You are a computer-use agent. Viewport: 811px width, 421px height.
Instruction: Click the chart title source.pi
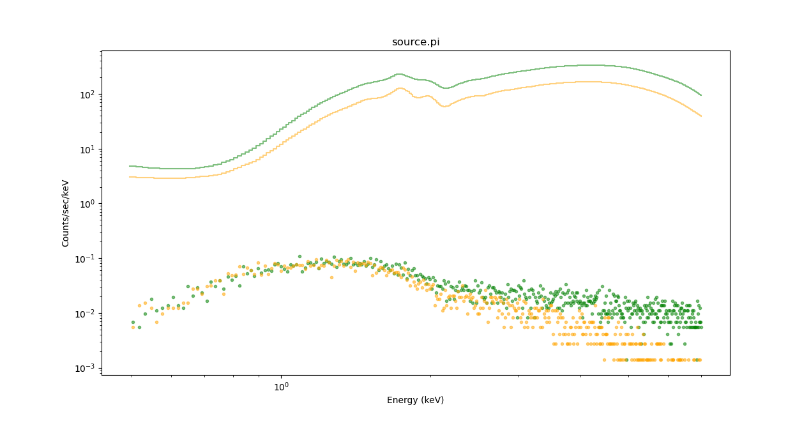(x=415, y=42)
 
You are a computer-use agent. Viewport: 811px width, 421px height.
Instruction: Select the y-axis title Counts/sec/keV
(x=65, y=213)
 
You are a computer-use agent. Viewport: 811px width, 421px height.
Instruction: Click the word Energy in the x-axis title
(x=402, y=400)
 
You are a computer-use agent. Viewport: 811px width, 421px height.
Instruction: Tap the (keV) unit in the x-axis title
(x=432, y=400)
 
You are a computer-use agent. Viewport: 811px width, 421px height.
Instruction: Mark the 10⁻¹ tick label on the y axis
(x=86, y=259)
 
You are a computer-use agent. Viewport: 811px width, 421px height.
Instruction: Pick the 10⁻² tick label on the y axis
(x=86, y=314)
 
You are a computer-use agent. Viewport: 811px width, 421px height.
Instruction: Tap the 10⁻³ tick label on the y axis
(x=86, y=368)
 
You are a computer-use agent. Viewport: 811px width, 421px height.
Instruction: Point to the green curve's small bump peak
(x=399, y=74)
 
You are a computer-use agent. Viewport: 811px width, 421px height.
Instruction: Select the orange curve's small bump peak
(x=400, y=88)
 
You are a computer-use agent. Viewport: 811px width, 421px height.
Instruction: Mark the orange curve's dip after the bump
(x=445, y=106)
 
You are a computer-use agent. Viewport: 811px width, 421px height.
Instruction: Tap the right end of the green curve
(x=701, y=95)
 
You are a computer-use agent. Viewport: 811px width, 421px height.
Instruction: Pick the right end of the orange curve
(x=701, y=116)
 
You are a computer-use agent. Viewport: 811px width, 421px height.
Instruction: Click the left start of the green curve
(x=130, y=166)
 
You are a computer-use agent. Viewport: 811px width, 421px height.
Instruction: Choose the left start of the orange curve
(x=130, y=177)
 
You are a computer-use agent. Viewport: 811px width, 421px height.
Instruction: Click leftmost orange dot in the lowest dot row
(x=604, y=360)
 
